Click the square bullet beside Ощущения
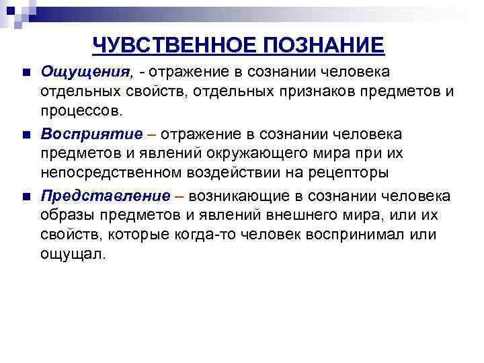point(25,72)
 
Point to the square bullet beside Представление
point(25,196)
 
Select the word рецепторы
point(354,172)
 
